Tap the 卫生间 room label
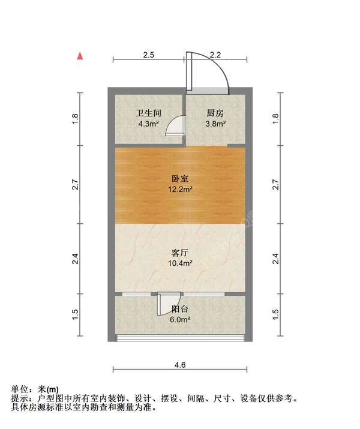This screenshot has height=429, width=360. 147,113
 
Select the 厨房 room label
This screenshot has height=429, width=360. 215,113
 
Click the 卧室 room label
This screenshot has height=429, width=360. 180,178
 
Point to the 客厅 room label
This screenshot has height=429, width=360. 180,253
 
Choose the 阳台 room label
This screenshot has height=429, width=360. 180,309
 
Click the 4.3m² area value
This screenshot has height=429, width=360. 147,124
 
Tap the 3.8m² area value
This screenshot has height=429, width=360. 215,124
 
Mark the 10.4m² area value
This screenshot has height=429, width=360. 180,263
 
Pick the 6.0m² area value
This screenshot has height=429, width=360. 180,320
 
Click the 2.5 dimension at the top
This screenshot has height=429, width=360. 149,55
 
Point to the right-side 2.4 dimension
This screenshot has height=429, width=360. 275,259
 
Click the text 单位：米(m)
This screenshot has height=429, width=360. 35,389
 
